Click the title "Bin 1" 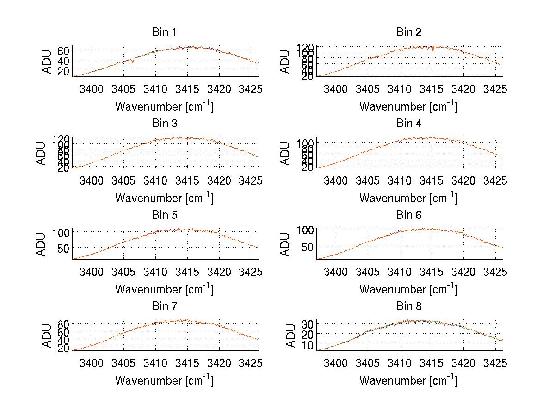pos(164,32)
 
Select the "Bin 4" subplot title pos(408,124)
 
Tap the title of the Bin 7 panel pos(164,306)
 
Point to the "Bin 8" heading pos(408,306)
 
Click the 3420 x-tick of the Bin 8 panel pos(463,363)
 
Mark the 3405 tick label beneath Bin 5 pos(123,272)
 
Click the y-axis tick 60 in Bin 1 pos(64,50)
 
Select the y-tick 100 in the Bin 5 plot pos(61,232)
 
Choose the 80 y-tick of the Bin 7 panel pos(64,323)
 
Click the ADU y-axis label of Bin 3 pos(41,153)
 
